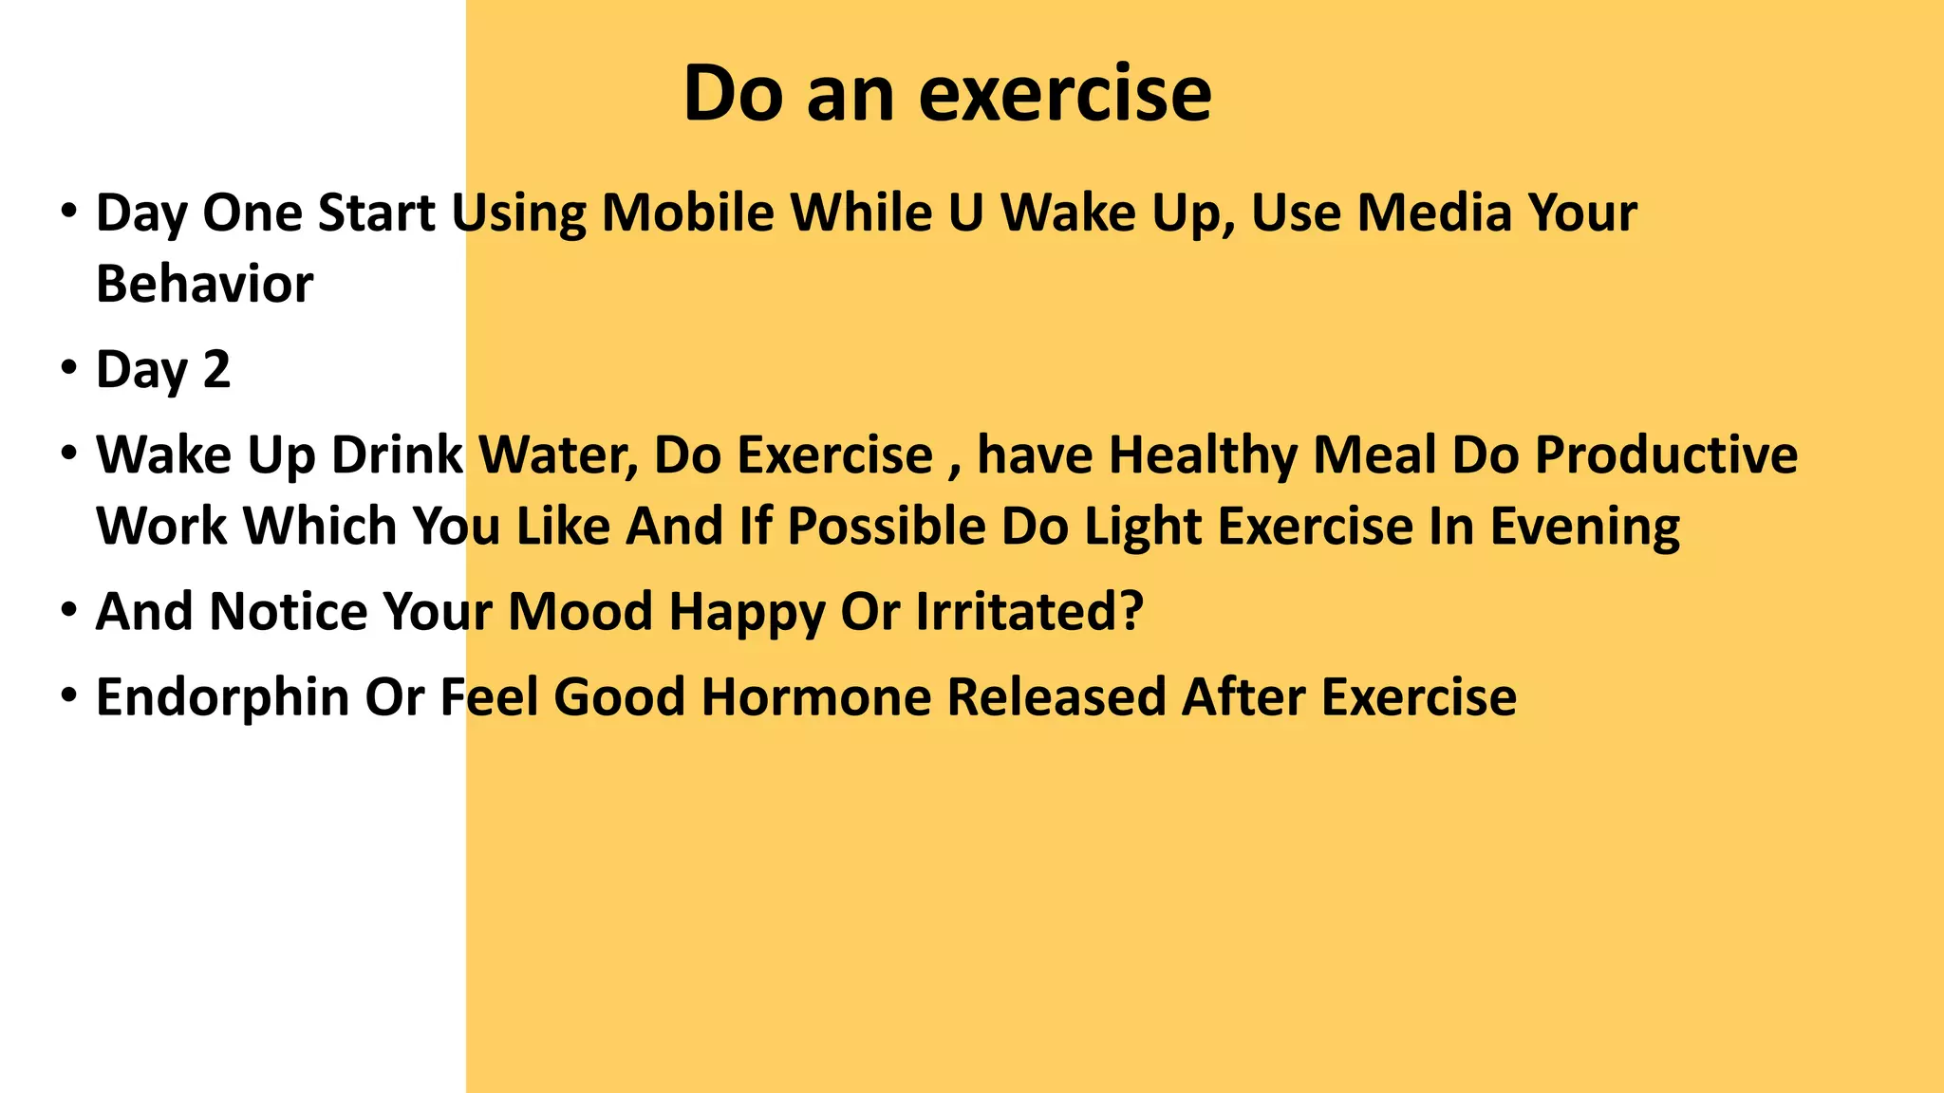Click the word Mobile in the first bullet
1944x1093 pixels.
point(688,213)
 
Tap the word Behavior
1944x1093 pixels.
point(204,285)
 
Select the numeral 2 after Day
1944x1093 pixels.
point(216,369)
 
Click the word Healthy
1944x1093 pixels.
point(1203,454)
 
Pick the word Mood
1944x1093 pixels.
point(580,612)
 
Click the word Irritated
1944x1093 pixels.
point(1017,612)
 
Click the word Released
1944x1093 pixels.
point(1056,697)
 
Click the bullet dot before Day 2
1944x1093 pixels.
point(68,366)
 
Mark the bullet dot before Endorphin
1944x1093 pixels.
point(68,695)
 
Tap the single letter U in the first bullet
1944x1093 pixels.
point(965,213)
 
